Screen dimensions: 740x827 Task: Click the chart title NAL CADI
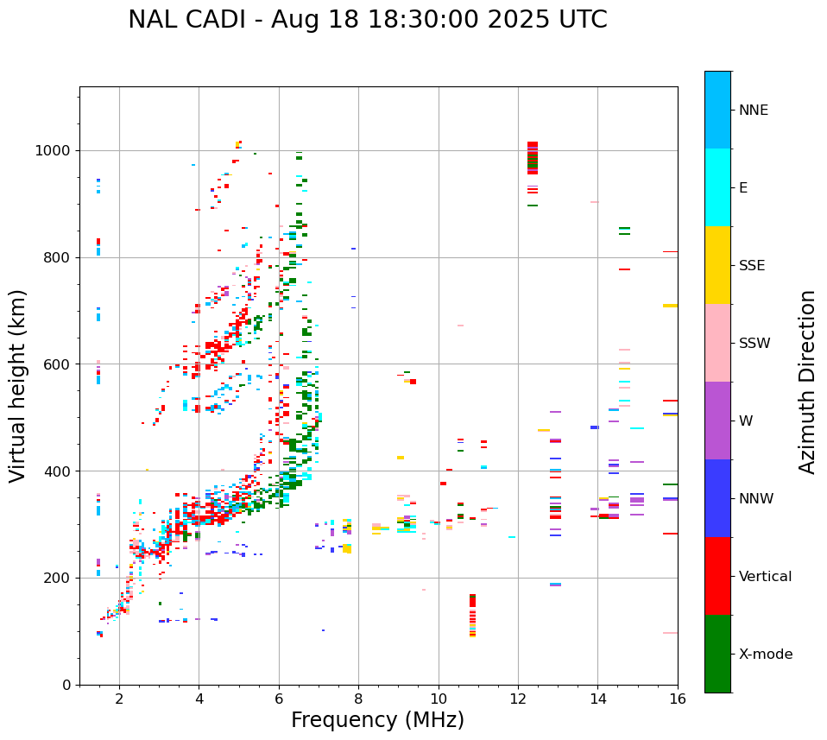[x=367, y=20]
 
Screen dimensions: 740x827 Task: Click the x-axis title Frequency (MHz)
[x=377, y=720]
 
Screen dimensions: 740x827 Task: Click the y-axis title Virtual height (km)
[x=18, y=386]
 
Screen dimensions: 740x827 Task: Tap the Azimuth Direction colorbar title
[x=807, y=382]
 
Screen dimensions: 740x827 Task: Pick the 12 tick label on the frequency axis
[x=518, y=699]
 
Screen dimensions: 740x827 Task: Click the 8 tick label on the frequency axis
[x=358, y=699]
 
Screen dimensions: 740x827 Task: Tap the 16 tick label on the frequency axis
[x=678, y=699]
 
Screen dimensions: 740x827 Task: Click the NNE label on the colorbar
[x=753, y=111]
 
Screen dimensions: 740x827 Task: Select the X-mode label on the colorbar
[x=765, y=655]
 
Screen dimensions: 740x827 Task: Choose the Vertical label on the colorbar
[x=765, y=577]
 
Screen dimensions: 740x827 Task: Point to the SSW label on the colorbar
[x=754, y=344]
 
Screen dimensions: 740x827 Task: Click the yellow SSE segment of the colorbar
[x=717, y=265]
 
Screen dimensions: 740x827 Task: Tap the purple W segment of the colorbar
[x=717, y=421]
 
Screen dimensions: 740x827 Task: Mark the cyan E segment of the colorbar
[x=717, y=187]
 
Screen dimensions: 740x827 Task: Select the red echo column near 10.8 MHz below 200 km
[x=472, y=614]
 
